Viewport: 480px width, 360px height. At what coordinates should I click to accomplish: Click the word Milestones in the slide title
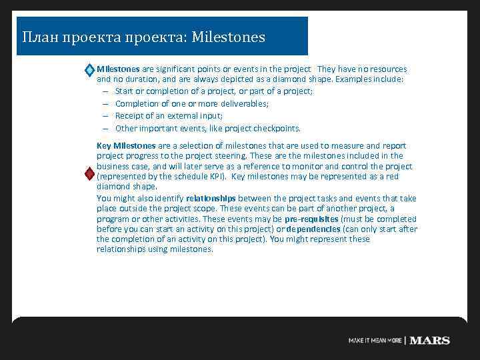(x=228, y=36)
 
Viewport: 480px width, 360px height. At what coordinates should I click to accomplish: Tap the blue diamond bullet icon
(x=89, y=70)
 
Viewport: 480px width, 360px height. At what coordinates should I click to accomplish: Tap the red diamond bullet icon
(x=89, y=174)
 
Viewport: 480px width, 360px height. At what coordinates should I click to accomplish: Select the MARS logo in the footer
(x=430, y=340)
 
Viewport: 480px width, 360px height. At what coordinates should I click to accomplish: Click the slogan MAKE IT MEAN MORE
(x=375, y=341)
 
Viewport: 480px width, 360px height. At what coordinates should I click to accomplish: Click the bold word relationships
(x=211, y=198)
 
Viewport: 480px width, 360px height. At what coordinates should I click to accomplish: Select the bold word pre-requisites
(x=311, y=219)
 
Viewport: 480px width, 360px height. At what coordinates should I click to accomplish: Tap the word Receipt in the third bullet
(x=129, y=116)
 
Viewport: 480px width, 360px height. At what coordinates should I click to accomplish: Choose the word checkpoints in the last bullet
(x=276, y=129)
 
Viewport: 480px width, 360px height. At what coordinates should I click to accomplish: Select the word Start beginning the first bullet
(x=125, y=91)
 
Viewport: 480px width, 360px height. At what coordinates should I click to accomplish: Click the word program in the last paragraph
(x=111, y=219)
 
